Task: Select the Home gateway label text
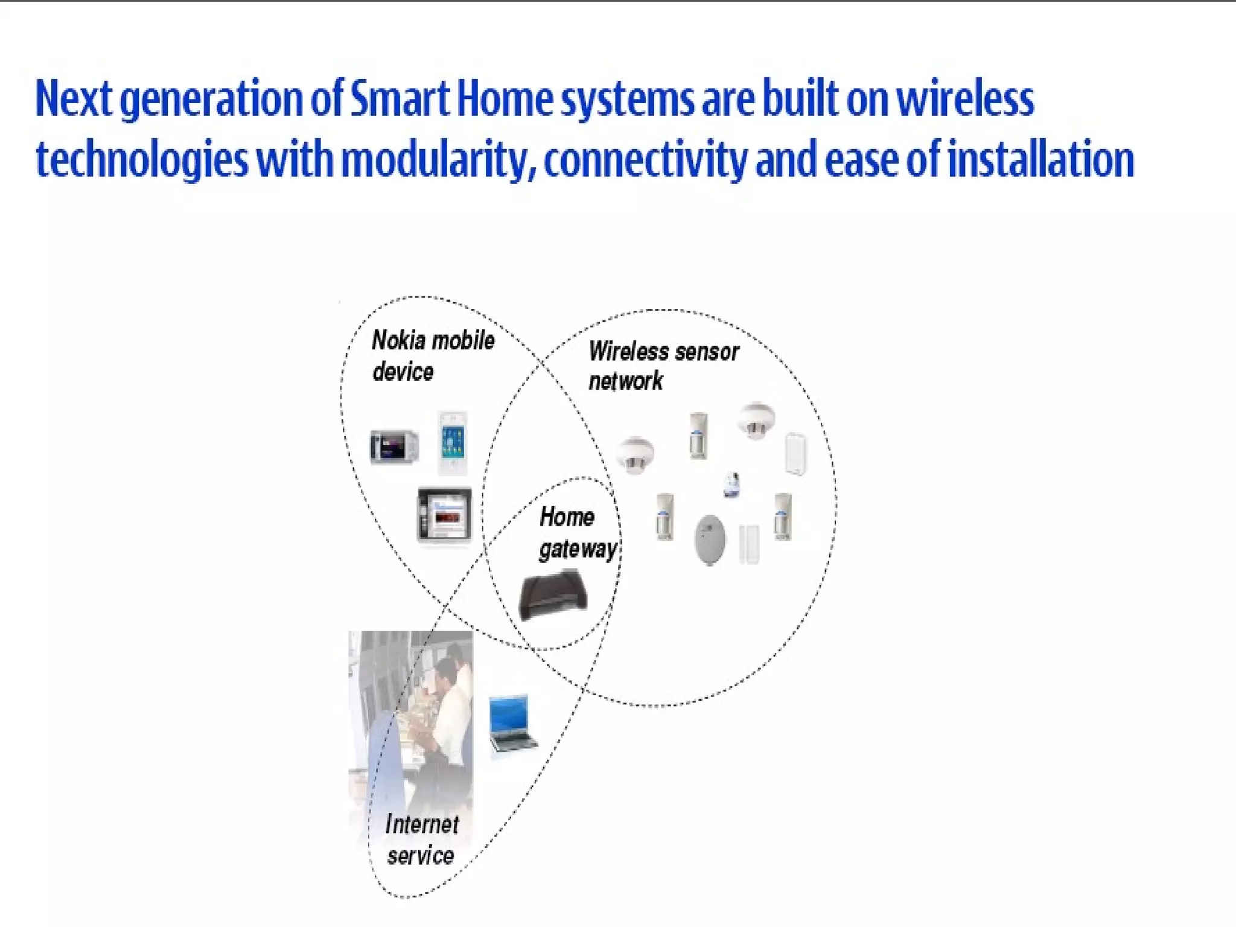pyautogui.click(x=577, y=533)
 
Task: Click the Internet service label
pyautogui.click(x=421, y=839)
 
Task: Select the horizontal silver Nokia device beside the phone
pyautogui.click(x=394, y=447)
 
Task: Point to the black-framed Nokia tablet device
pyautogui.click(x=445, y=515)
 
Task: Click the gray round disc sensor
pyautogui.click(x=710, y=540)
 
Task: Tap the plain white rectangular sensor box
pyautogui.click(x=795, y=453)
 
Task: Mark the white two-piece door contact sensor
pyautogui.click(x=749, y=544)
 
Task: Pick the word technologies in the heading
pyautogui.click(x=142, y=159)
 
